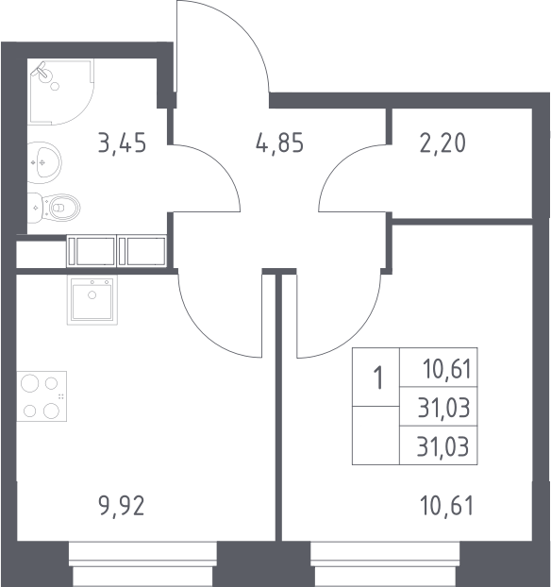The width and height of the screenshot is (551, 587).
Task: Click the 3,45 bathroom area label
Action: [122, 143]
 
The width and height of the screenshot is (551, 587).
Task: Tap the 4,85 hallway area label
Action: [279, 143]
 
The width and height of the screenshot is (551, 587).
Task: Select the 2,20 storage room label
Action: [442, 143]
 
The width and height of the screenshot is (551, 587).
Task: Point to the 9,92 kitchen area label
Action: [122, 506]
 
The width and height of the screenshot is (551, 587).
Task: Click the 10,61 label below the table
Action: [446, 506]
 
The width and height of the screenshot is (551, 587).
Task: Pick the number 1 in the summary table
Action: [378, 378]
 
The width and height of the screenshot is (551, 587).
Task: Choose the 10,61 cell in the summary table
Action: [446, 368]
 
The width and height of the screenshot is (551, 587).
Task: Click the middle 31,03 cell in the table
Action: [443, 408]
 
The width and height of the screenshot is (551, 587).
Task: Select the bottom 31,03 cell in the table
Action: [442, 446]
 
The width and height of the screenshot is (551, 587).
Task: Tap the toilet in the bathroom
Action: [54, 208]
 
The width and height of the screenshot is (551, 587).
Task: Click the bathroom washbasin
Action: [44, 162]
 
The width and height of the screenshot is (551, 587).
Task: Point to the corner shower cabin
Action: [60, 92]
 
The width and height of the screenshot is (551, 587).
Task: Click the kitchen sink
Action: [92, 300]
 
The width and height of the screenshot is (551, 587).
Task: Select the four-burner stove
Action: [42, 396]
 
